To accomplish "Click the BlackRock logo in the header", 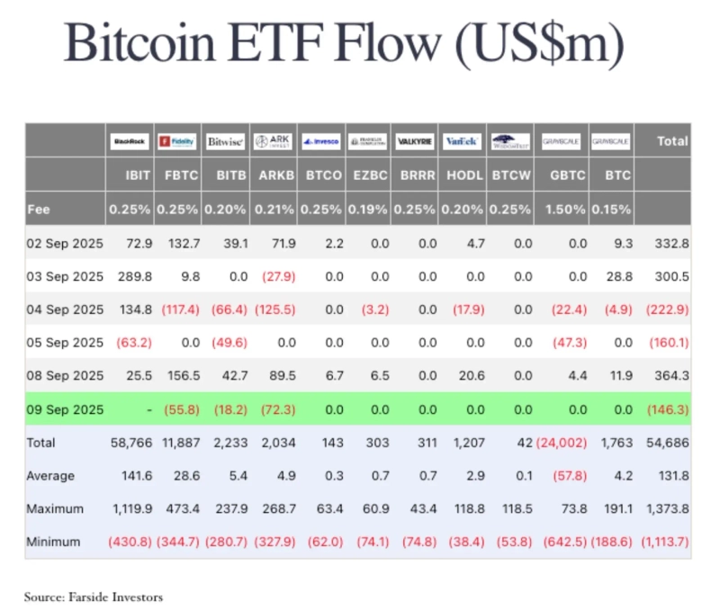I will click(x=130, y=141).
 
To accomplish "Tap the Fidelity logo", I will click(x=176, y=141).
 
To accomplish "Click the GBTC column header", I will click(x=562, y=175).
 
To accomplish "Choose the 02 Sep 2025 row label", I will click(x=65, y=243).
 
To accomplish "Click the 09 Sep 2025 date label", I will click(x=65, y=409).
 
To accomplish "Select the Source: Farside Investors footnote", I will click(x=94, y=596).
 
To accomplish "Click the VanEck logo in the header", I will click(x=463, y=141).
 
